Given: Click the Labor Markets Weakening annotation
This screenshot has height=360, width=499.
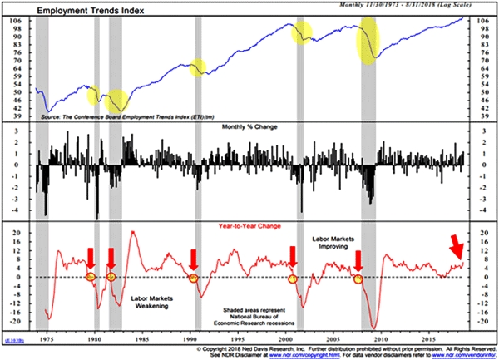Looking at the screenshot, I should (151, 301).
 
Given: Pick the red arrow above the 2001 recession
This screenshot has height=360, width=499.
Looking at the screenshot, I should (293, 257).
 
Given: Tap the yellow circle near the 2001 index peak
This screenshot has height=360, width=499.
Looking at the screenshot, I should (301, 33).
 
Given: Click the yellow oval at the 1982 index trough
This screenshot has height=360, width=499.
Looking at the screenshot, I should (118, 101).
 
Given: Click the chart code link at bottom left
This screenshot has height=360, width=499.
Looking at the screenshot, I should (14, 342).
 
